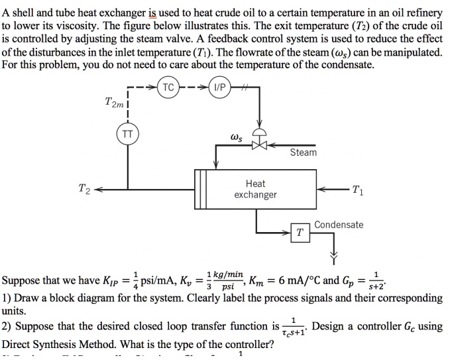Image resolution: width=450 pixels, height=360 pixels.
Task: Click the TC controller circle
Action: pyautogui.click(x=168, y=88)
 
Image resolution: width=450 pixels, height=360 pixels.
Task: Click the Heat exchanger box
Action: pyautogui.click(x=255, y=189)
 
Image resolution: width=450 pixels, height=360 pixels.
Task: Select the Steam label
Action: pyautogui.click(x=304, y=152)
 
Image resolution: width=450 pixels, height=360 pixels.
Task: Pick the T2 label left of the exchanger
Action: pyautogui.click(x=85, y=188)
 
